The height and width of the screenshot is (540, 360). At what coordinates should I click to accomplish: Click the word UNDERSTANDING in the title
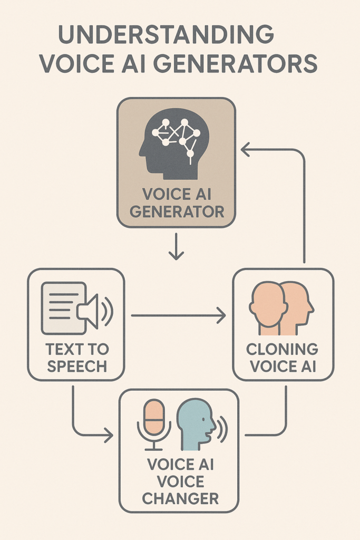[166, 35]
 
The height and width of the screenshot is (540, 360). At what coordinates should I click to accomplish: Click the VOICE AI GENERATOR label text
[177, 203]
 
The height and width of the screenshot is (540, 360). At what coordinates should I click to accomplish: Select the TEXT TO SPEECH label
[77, 358]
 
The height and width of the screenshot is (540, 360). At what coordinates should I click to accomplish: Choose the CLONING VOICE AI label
[283, 358]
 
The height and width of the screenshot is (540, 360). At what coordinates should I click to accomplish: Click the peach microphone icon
[154, 417]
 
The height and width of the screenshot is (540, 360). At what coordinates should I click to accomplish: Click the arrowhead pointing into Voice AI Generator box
[246, 150]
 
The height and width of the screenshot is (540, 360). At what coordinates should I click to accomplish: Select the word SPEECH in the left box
[77, 366]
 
